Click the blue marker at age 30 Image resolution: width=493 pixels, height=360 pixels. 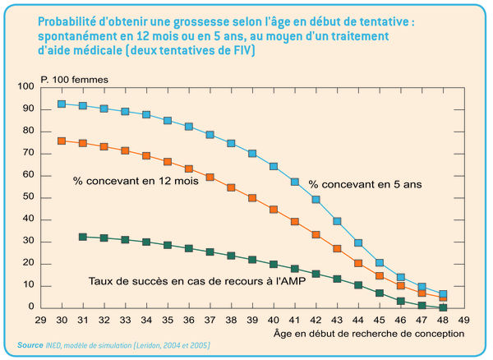tap(62, 104)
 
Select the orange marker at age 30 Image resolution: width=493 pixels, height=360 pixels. tap(62, 141)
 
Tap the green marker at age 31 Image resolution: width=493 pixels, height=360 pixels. tap(82, 237)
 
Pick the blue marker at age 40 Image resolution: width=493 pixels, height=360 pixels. tap(274, 167)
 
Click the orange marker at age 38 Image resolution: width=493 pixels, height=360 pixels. tap(231, 187)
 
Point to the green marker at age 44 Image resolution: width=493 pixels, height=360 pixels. tap(358, 285)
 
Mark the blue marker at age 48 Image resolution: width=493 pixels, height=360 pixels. tap(443, 294)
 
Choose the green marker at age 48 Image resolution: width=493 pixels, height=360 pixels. tap(443, 307)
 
